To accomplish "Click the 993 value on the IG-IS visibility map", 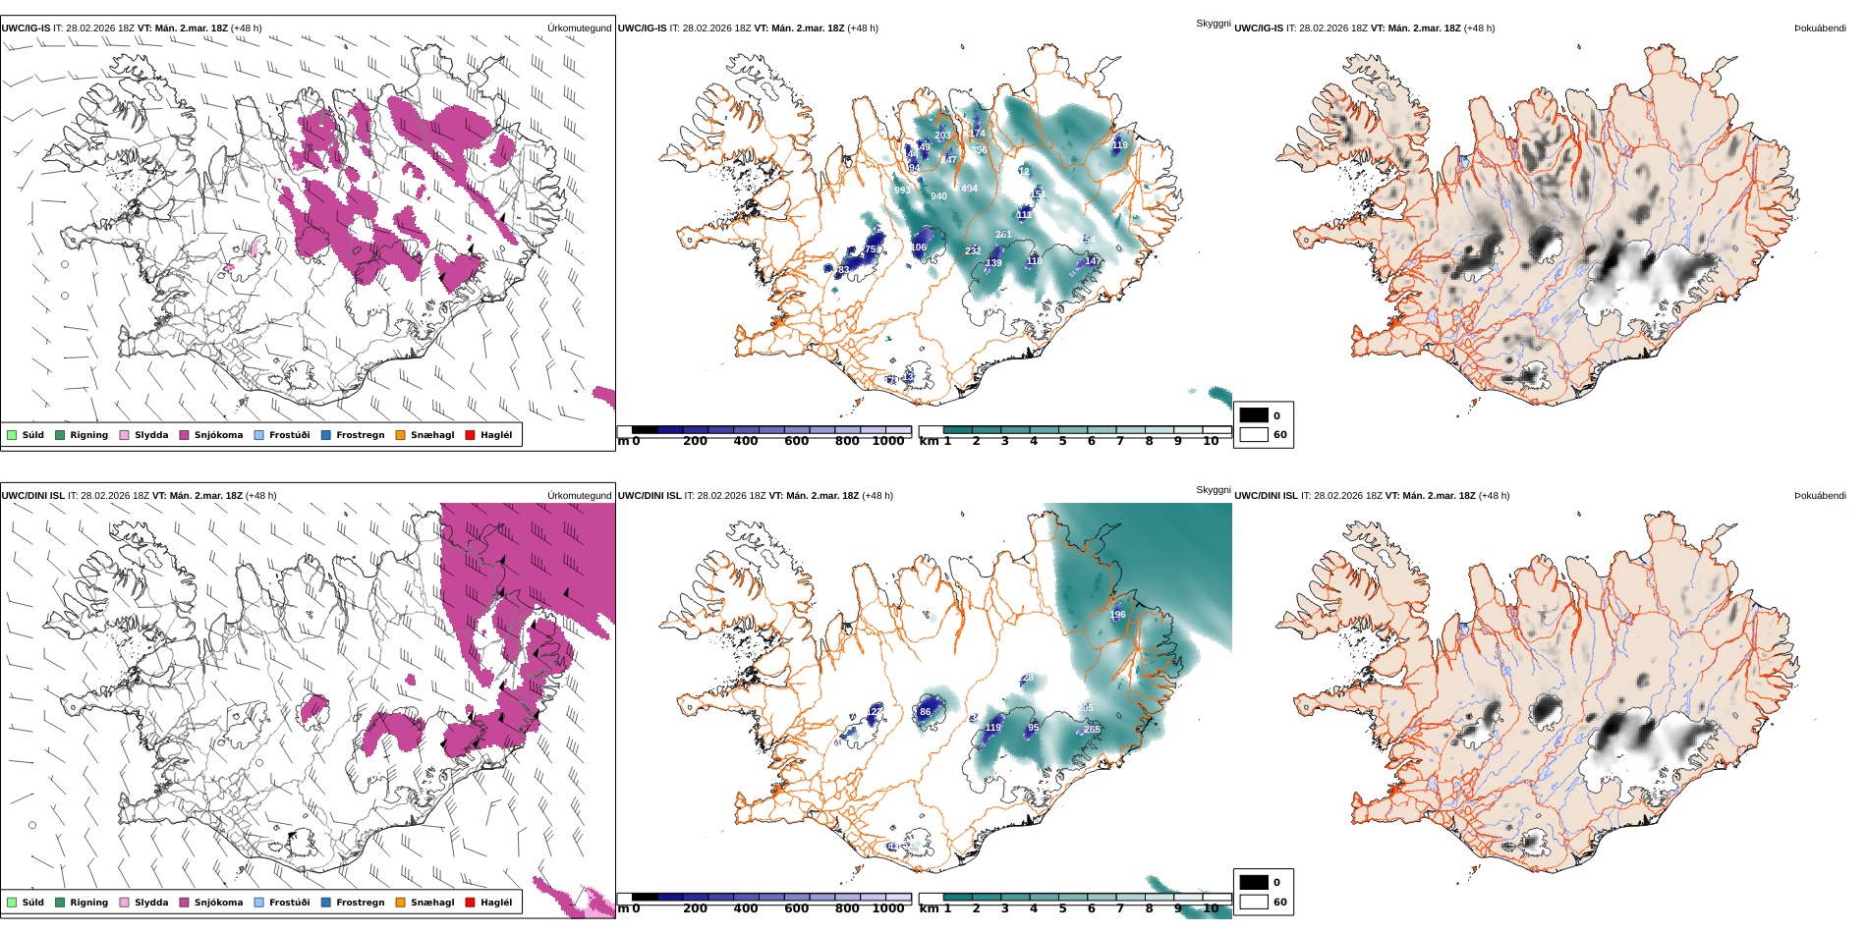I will point(902,191).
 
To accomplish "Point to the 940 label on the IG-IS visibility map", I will point(938,196).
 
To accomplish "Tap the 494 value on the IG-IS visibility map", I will point(969,189).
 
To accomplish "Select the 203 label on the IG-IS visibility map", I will point(942,136).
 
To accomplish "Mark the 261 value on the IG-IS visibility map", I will point(1003,235).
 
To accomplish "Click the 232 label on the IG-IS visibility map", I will point(973,251).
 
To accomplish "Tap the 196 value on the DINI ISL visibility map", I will point(1117,615).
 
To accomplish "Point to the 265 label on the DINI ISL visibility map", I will point(1092,729).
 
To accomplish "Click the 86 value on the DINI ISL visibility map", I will point(925,712).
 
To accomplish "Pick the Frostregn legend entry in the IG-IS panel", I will point(360,435).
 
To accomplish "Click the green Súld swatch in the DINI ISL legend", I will point(12,903).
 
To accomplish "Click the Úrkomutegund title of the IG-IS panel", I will point(579,28).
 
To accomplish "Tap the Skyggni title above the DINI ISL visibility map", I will point(1213,489).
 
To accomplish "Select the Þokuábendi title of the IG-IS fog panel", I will point(1820,28).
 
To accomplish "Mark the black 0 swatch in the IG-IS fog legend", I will point(1254,415).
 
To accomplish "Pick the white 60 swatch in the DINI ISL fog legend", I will point(1254,902).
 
